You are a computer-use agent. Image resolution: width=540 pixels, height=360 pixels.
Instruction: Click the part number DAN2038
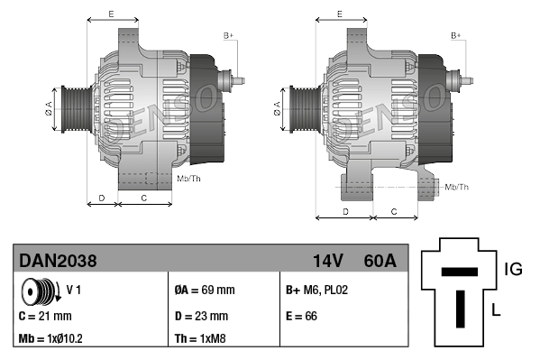58,261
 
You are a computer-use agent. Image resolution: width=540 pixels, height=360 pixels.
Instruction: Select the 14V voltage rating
328,261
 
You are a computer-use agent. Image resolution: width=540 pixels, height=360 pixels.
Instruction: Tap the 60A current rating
379,261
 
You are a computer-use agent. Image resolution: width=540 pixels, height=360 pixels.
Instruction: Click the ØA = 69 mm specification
204,291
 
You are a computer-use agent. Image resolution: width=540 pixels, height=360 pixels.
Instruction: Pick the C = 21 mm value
45,316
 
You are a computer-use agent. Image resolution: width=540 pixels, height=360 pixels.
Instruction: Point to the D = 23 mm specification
201,316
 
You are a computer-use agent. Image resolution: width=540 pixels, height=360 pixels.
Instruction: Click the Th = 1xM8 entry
199,340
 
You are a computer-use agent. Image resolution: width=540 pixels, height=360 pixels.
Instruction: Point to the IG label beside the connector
513,268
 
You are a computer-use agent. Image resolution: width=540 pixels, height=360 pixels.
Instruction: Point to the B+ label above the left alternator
228,35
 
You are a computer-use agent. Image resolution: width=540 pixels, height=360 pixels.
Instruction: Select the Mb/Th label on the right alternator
456,187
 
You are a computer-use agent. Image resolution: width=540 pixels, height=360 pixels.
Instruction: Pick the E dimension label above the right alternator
339,14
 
